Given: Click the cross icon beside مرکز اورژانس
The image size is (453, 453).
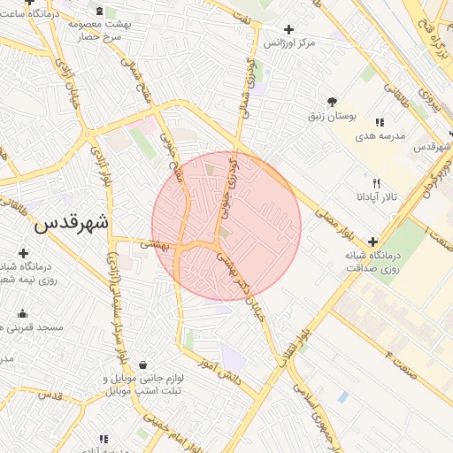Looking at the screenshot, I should (x=288, y=29).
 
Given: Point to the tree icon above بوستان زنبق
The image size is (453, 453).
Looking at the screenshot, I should (x=332, y=102).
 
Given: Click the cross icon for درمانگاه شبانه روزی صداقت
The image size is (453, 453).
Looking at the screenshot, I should (x=372, y=241).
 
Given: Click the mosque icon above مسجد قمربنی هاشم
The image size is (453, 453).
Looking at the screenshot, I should (x=22, y=313).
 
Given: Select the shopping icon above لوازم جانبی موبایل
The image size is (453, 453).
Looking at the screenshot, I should (x=142, y=364).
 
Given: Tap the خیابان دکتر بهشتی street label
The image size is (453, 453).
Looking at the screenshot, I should (x=237, y=282).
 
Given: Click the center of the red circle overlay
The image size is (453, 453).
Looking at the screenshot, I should (x=226, y=226).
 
